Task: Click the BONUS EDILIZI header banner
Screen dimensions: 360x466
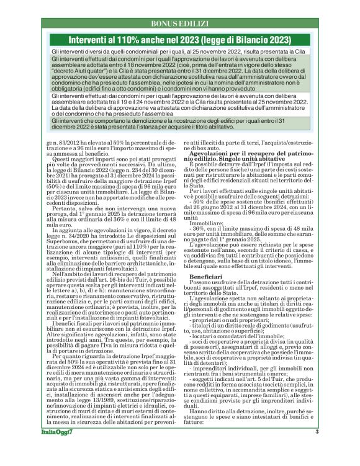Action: [x=179, y=23]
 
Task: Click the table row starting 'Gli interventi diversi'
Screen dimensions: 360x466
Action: [x=179, y=52]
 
